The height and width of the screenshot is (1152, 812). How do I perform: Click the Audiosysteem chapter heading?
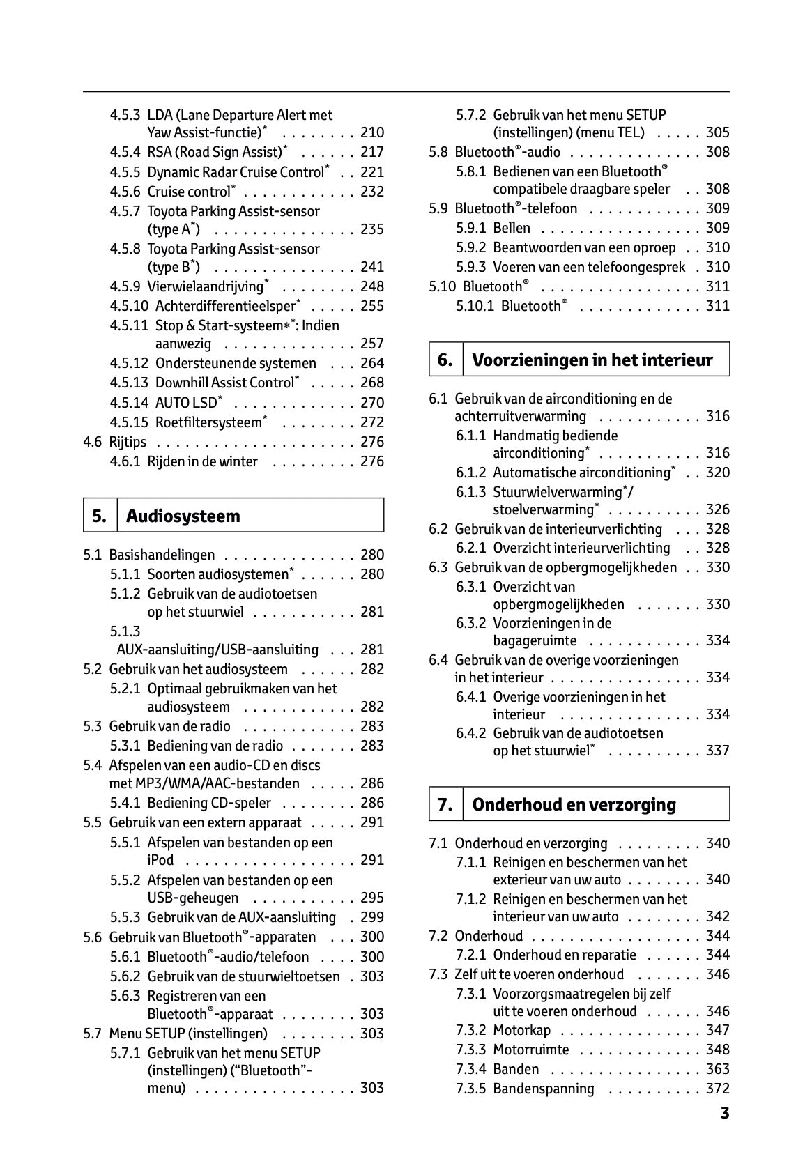(183, 516)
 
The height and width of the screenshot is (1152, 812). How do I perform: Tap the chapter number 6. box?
(445, 360)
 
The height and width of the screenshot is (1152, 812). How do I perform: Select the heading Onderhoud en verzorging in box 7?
(574, 804)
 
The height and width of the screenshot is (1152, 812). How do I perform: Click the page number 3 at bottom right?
(725, 1113)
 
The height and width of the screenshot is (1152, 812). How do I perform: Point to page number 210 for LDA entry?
(372, 132)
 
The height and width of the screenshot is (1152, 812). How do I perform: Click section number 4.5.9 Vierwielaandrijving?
(125, 286)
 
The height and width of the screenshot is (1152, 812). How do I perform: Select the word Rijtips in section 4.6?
(128, 442)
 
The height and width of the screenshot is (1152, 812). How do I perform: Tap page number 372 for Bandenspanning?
(717, 1089)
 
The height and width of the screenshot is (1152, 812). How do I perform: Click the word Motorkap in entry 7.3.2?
(521, 1030)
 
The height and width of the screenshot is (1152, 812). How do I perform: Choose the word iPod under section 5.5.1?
(160, 860)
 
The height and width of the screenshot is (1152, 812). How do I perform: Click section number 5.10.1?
(475, 306)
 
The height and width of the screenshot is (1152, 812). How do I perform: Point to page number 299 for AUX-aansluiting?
(372, 917)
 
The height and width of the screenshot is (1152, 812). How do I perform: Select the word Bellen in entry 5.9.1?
(512, 228)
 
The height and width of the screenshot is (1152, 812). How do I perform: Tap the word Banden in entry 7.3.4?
(516, 1069)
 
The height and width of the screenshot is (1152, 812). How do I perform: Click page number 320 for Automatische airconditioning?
(717, 473)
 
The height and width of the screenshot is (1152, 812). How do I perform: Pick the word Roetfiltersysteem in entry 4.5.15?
(208, 422)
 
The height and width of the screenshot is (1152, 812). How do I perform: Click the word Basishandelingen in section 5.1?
(162, 555)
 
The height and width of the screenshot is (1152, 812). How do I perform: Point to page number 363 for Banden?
(717, 1069)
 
